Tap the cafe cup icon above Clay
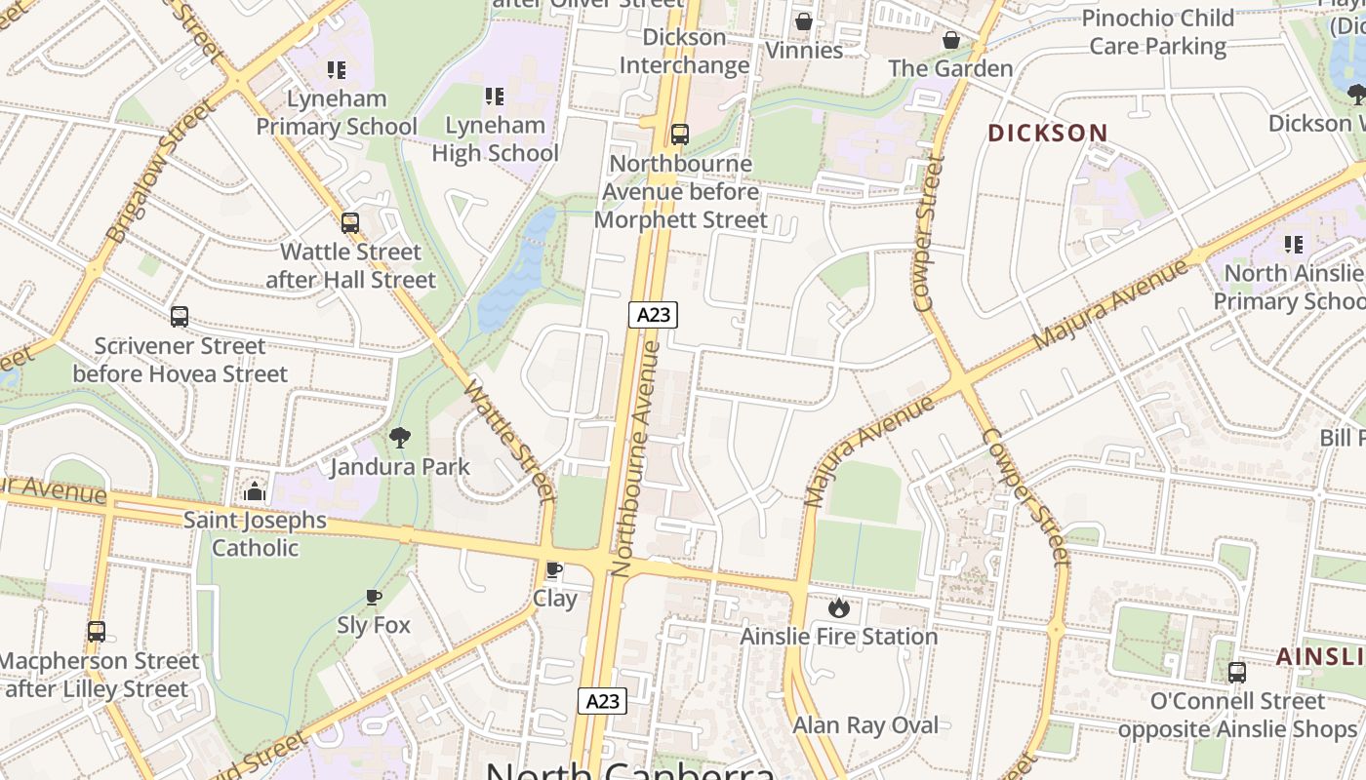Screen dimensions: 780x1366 tap(554, 570)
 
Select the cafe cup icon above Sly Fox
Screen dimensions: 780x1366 tap(373, 597)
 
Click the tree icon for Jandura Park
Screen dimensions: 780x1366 tap(399, 438)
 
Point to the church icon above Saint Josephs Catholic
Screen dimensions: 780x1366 tap(255, 491)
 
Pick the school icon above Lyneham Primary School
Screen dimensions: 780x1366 tap(337, 70)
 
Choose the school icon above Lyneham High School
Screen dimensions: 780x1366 tap(495, 97)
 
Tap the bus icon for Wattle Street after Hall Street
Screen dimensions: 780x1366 tap(350, 223)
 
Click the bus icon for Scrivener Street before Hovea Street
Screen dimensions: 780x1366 tap(180, 317)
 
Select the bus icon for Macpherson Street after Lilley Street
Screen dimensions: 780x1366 tap(97, 632)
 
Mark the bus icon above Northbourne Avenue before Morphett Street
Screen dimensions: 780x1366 tap(680, 136)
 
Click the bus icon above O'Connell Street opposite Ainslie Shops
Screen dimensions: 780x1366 tap(1236, 673)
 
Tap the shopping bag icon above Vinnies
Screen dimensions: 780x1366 tap(804, 21)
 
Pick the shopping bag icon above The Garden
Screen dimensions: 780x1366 tap(951, 40)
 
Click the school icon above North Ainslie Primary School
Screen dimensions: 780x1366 tap(1294, 245)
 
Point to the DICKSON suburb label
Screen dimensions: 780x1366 tap(1048, 133)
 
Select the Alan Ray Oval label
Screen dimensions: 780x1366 tap(865, 725)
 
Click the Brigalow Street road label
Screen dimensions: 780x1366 tap(160, 174)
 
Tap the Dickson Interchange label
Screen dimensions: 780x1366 tap(685, 52)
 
